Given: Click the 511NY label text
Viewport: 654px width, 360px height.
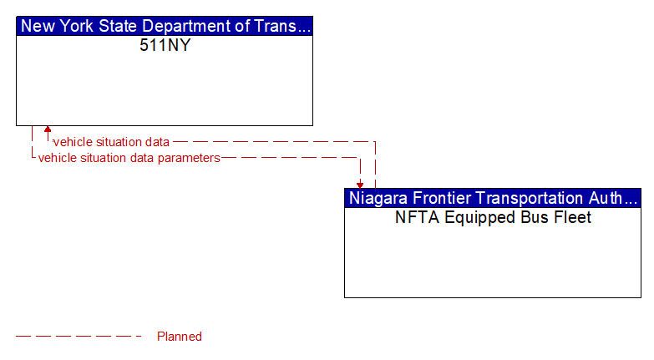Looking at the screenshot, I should pyautogui.click(x=165, y=45).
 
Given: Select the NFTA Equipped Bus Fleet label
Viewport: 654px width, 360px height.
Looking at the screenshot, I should pyautogui.click(x=493, y=217).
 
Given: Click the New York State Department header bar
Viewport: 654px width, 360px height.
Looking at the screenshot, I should pyautogui.click(x=165, y=26).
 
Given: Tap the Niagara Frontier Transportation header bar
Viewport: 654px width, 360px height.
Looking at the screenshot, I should pyautogui.click(x=493, y=198).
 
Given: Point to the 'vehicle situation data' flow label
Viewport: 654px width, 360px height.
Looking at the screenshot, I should pyautogui.click(x=111, y=142).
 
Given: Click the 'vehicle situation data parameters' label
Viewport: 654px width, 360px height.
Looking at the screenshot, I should pyautogui.click(x=129, y=157).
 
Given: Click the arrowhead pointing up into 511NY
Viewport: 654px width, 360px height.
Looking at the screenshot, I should pyautogui.click(x=48, y=130).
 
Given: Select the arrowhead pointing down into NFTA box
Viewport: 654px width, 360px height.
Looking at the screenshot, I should pyautogui.click(x=360, y=185).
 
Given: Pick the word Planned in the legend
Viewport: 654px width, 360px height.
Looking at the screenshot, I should pyautogui.click(x=180, y=337).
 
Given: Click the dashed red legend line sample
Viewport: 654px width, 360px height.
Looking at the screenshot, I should pyautogui.click(x=79, y=337).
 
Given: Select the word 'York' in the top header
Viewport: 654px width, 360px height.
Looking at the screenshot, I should pyautogui.click(x=80, y=26).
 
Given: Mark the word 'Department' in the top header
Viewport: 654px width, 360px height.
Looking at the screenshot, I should pyautogui.click(x=195, y=26).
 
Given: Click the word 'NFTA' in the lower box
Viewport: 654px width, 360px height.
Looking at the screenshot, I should pyautogui.click(x=414, y=217).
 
